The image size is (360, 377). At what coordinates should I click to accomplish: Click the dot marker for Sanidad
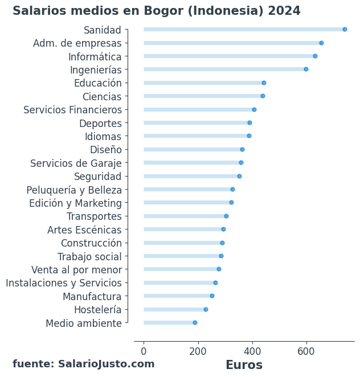click(345, 29)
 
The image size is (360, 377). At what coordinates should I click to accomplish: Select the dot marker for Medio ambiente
click(195, 322)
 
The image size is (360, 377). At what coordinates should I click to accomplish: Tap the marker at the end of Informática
click(315, 56)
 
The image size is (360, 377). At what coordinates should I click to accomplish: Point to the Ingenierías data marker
click(306, 69)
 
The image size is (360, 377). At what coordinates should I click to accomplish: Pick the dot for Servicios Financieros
click(254, 109)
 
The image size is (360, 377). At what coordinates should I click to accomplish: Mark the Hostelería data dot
click(206, 309)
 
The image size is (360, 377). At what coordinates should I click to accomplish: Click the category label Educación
click(97, 83)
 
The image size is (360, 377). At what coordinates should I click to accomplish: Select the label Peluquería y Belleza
click(74, 190)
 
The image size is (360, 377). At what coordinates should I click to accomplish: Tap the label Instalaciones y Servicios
click(64, 283)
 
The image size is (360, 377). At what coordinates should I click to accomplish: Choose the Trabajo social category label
click(89, 256)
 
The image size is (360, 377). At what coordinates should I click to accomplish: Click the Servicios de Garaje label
click(76, 163)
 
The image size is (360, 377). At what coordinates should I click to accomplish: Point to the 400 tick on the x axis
click(252, 351)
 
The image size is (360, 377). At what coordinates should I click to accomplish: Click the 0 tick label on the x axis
click(144, 351)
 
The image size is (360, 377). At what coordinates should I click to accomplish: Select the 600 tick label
click(306, 351)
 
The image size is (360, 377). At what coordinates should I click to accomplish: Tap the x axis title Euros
click(244, 365)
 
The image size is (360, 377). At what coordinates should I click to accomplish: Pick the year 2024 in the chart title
click(284, 11)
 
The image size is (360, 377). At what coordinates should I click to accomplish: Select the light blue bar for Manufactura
click(177, 296)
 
